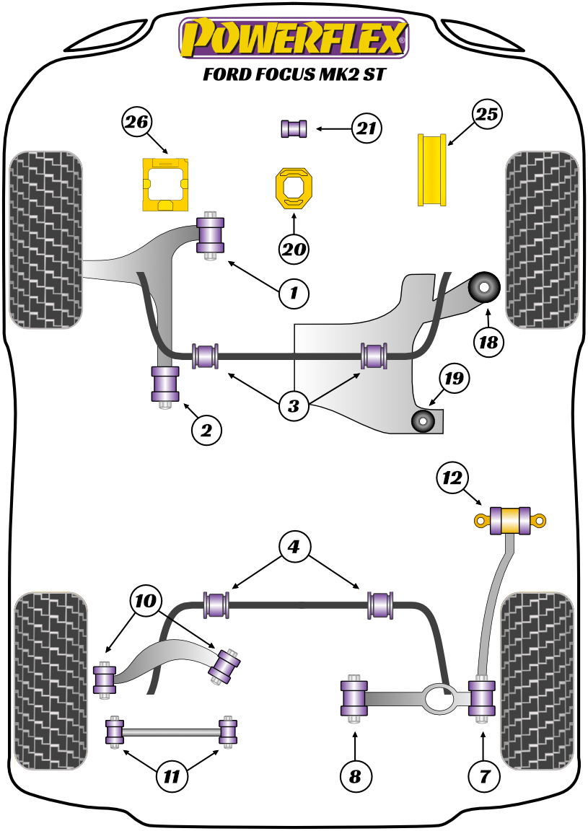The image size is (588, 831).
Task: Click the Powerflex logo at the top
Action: [x=293, y=38]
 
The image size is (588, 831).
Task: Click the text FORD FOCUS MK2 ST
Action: [x=293, y=75]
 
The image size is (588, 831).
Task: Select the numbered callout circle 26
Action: [x=136, y=122]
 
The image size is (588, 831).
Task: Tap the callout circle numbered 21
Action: [x=367, y=129]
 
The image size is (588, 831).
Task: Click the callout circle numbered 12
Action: [x=452, y=478]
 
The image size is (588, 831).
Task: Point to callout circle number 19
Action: [x=456, y=377]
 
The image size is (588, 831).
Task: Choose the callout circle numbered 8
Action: [x=355, y=776]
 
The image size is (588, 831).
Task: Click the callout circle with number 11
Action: [x=172, y=777]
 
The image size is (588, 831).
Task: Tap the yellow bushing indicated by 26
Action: [x=167, y=184]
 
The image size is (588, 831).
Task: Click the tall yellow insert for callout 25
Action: [x=432, y=169]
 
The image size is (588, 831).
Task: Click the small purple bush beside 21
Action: [x=294, y=129]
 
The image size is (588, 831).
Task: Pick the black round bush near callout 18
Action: [x=484, y=288]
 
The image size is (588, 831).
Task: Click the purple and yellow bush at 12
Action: [x=511, y=520]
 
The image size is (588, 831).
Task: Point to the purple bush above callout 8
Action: [x=354, y=698]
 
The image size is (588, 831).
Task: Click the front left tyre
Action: [x=44, y=239]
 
